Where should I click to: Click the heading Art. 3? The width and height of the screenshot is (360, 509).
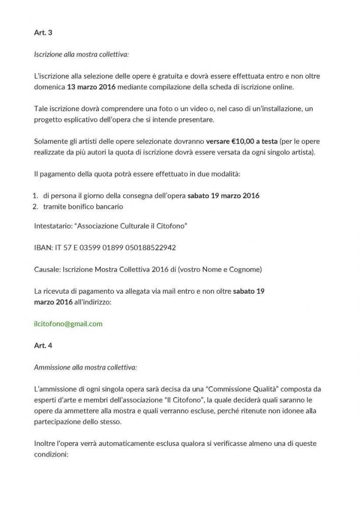pyautogui.click(x=43, y=33)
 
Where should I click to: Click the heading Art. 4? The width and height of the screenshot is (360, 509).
pyautogui.click(x=43, y=345)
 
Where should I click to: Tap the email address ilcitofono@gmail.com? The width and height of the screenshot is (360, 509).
pyautogui.click(x=68, y=324)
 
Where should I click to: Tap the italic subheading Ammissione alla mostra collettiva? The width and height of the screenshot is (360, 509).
pyautogui.click(x=85, y=366)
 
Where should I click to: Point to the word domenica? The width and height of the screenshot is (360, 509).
pyautogui.click(x=49, y=87)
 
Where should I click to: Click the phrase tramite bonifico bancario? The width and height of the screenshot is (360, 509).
pyautogui.click(x=83, y=206)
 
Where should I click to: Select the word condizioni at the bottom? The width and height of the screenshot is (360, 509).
pyautogui.click(x=54, y=454)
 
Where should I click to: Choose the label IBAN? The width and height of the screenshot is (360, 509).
pyautogui.click(x=43, y=247)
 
